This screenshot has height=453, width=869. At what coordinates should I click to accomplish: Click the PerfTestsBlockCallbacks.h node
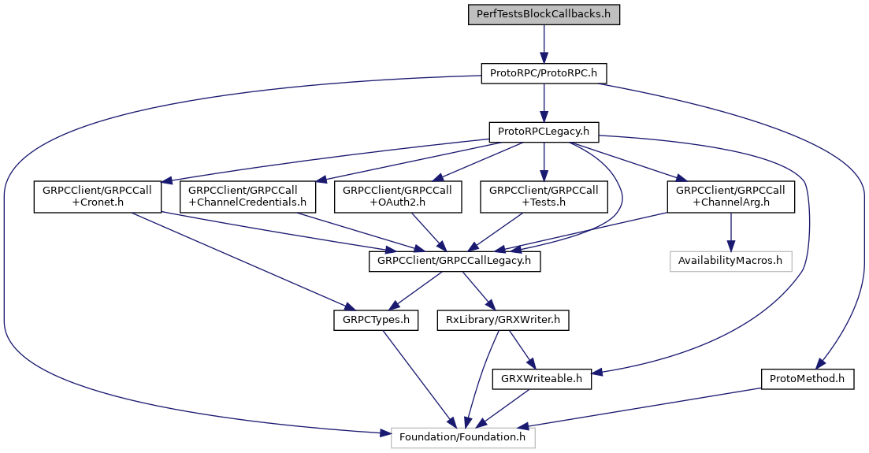point(544,14)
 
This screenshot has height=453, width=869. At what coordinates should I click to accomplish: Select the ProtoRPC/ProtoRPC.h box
point(544,73)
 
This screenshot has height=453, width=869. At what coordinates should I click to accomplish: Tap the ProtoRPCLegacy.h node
point(544,132)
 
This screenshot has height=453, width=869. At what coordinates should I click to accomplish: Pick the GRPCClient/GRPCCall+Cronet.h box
point(97,197)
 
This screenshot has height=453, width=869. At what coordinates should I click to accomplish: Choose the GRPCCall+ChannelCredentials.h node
point(247,197)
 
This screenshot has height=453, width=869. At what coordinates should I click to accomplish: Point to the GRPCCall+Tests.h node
point(544,197)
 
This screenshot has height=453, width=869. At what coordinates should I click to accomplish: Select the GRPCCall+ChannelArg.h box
point(730,197)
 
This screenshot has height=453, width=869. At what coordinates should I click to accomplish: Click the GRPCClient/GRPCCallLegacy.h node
point(455,262)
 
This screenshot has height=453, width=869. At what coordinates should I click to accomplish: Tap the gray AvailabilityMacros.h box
point(730,262)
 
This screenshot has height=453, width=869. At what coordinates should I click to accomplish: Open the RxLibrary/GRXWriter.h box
point(503,321)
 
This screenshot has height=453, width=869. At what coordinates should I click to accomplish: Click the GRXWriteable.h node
point(541,379)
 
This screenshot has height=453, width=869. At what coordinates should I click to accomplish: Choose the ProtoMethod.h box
point(808,379)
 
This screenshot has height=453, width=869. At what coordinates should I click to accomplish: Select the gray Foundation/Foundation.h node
point(463,437)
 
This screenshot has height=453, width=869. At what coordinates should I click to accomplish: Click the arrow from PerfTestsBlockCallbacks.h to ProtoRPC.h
point(544,43)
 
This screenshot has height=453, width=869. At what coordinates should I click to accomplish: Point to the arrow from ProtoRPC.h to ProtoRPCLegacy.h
point(544,102)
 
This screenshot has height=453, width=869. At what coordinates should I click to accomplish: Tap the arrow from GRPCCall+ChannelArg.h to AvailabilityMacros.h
point(730,232)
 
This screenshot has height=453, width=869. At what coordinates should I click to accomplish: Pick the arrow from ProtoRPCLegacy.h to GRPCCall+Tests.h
point(544,162)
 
